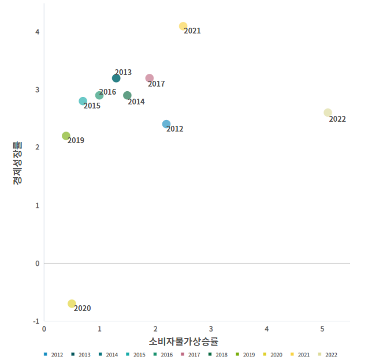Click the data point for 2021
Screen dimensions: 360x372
coord(183,26)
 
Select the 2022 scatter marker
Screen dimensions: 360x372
coord(328,112)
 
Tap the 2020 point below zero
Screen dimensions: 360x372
coord(72,303)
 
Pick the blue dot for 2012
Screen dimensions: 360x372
coord(166,124)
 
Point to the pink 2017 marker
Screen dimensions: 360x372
coord(150,78)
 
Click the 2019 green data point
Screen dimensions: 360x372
coord(66,136)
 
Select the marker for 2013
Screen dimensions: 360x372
coord(116,78)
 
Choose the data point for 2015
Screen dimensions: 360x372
coord(83,101)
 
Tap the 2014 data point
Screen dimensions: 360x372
coord(127,95)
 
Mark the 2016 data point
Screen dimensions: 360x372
coord(99,95)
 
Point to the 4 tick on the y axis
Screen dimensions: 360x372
coord(37,32)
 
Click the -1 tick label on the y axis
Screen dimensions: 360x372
coord(35,321)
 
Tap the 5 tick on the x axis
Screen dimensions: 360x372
coord(322,329)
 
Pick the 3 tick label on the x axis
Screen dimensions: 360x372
coord(211,329)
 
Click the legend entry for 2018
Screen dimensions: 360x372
coord(219,355)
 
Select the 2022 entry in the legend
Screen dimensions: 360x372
coord(328,355)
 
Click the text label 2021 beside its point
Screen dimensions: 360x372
coord(192,31)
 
